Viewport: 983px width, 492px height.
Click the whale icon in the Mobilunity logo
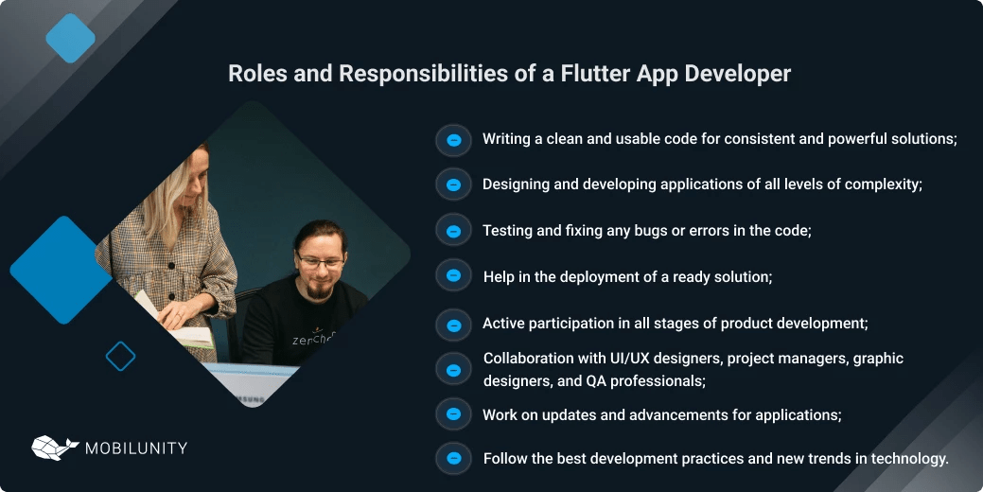(55, 448)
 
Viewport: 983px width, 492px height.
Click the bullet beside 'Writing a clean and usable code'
(453, 140)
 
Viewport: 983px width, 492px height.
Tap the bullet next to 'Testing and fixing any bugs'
(453, 231)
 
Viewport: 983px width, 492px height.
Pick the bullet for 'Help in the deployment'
(453, 275)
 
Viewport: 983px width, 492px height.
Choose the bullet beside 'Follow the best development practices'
(453, 459)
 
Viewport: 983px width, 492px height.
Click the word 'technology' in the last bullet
(910, 459)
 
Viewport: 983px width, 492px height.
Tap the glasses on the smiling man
(320, 257)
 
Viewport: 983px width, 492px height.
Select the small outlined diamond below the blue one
(120, 357)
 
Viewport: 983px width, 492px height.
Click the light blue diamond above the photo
(71, 39)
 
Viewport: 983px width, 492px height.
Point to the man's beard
(321, 287)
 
